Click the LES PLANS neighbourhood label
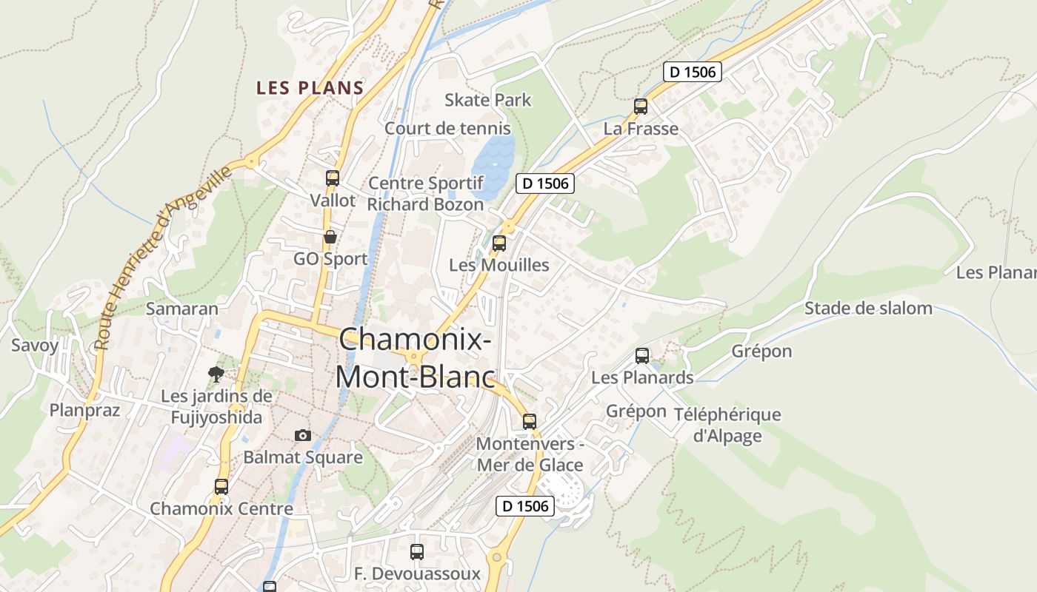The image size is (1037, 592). point(310,88)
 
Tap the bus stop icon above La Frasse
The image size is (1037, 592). point(641,107)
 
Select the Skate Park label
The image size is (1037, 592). point(488,100)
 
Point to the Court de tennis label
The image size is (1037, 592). point(447,128)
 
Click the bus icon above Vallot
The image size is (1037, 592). point(332,178)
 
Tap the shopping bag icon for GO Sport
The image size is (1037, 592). point(330,237)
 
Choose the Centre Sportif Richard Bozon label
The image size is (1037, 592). point(426,193)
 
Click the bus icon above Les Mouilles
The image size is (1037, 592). point(499,243)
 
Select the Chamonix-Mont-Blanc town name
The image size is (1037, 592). point(415,358)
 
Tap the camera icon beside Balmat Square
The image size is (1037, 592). point(302,435)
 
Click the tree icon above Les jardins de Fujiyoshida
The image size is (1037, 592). point(216,374)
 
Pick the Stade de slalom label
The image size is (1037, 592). point(868,309)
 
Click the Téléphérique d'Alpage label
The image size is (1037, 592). point(727,425)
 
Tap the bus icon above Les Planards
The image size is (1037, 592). point(642,356)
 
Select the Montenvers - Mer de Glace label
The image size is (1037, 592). point(530,454)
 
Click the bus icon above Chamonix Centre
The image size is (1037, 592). point(221,487)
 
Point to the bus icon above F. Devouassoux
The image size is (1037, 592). point(417,552)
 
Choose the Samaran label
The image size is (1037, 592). point(182,309)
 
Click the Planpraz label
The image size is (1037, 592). point(84,410)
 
